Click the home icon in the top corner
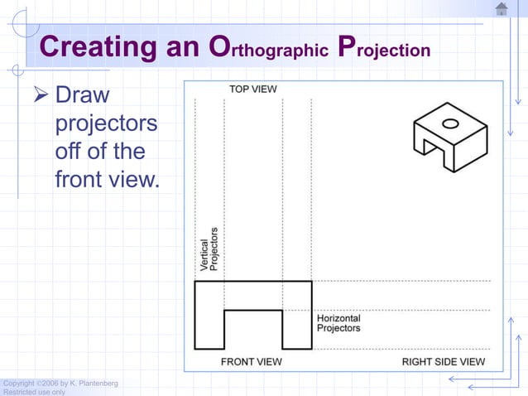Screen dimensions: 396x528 502,9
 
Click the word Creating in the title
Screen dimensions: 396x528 97,47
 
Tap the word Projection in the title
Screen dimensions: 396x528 385,49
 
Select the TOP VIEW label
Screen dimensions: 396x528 252,89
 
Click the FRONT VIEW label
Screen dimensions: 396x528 251,362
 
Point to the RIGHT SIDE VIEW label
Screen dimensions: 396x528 444,362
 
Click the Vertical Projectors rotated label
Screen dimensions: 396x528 209,249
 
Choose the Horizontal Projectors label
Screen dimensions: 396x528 338,323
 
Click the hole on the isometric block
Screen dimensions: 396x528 450,124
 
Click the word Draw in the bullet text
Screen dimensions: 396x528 82,97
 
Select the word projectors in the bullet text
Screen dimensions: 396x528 105,125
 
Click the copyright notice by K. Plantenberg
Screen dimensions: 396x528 60,383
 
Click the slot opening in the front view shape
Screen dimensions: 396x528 253,330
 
